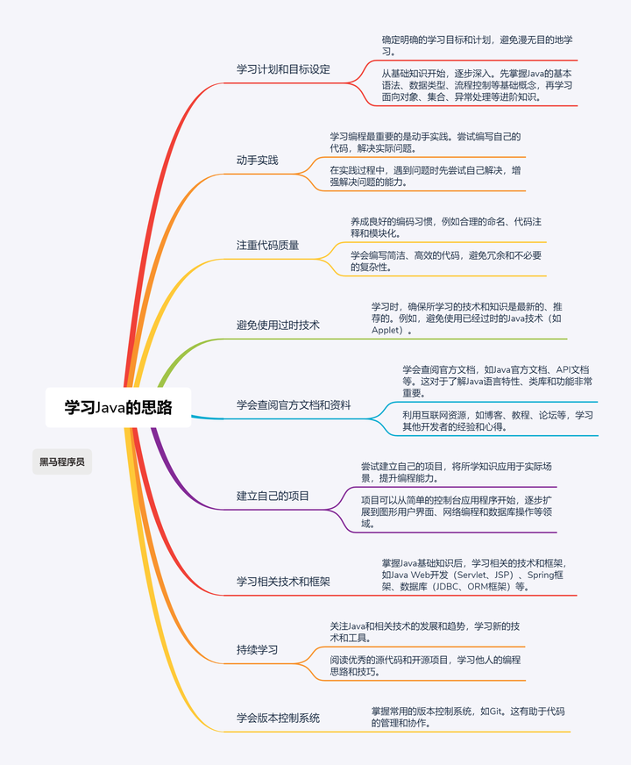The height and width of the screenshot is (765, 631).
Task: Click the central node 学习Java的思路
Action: (x=118, y=407)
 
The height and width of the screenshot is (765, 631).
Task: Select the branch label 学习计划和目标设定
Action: (x=283, y=69)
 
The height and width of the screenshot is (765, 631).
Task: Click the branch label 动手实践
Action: (x=257, y=160)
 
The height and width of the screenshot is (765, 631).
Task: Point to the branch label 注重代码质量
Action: (x=267, y=245)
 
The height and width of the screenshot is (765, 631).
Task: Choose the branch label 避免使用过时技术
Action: (x=278, y=325)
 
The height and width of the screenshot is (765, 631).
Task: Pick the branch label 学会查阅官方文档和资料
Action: (x=294, y=404)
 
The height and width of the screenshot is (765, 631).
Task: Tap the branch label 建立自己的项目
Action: (x=273, y=496)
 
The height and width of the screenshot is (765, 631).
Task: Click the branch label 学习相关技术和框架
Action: (x=283, y=581)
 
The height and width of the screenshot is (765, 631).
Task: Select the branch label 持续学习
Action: (x=257, y=649)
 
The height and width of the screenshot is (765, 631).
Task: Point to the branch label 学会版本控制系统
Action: (x=278, y=718)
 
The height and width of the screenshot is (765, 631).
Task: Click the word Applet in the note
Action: (x=386, y=331)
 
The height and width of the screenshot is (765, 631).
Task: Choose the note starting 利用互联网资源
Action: (x=497, y=420)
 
